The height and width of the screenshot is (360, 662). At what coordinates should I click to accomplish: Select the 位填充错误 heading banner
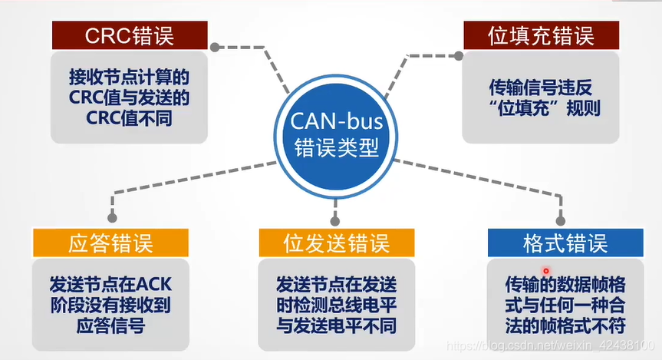click(x=540, y=35)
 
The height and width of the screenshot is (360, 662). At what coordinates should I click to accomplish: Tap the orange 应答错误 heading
click(x=110, y=243)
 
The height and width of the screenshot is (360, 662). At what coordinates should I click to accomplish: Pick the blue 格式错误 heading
click(x=565, y=243)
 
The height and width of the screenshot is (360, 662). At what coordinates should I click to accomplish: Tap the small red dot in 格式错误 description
click(x=546, y=271)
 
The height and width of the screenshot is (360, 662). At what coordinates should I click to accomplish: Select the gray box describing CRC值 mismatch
click(x=129, y=97)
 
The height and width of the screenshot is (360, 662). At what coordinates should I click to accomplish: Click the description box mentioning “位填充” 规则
click(x=540, y=97)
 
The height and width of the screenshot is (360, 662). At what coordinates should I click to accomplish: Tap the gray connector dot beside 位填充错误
click(x=458, y=55)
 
